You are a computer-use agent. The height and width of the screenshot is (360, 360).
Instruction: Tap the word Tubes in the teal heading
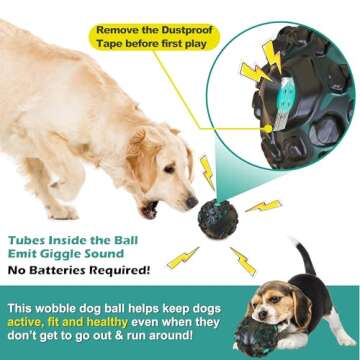(x=32, y=237)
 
